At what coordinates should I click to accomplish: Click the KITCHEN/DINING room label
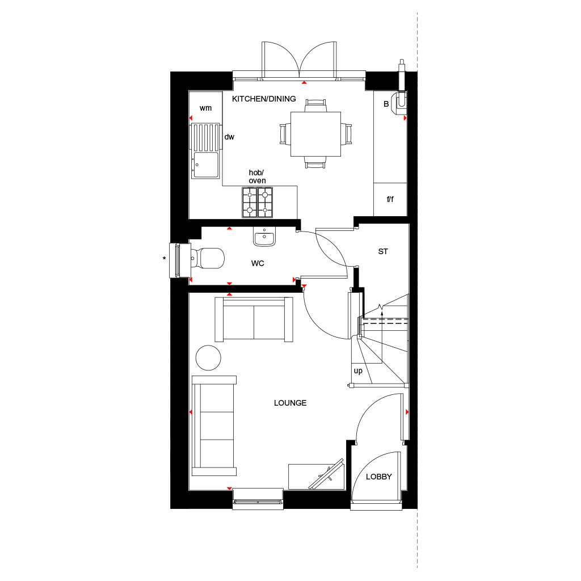(x=264, y=99)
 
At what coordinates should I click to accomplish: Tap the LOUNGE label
(x=290, y=403)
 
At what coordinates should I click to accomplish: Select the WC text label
(x=258, y=263)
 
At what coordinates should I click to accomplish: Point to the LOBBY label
(x=378, y=477)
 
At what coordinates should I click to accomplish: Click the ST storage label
(x=383, y=251)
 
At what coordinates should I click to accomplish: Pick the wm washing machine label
(x=205, y=108)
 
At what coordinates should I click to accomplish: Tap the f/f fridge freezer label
(x=390, y=199)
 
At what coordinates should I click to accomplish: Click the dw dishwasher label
(x=229, y=137)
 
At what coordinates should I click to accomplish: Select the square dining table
(x=315, y=134)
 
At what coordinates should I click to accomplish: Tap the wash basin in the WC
(x=264, y=238)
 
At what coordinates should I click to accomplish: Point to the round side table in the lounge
(x=208, y=357)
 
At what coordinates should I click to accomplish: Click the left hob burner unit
(x=250, y=203)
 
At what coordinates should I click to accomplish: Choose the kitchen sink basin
(x=205, y=165)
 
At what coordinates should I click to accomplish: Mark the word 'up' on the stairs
(x=358, y=371)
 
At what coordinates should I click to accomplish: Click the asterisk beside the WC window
(x=165, y=259)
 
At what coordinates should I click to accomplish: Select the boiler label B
(x=386, y=104)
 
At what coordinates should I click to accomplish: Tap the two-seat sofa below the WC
(x=254, y=320)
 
